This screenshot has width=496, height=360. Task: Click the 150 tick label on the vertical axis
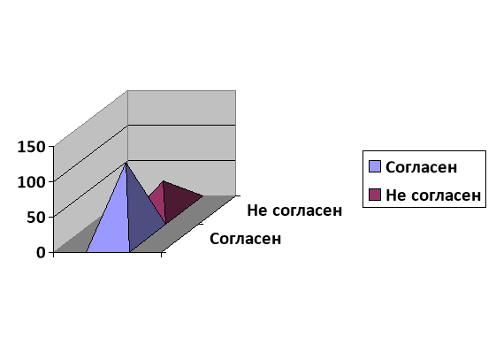tap(31, 147)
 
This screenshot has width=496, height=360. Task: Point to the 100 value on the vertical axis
tap(31, 182)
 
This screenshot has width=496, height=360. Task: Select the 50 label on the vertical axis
tap(36, 218)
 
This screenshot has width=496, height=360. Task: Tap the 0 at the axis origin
tap(41, 253)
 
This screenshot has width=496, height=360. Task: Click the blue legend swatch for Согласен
tap(375, 166)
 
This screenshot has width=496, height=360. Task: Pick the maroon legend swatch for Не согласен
tap(375, 195)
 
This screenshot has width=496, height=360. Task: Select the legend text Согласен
tap(422, 167)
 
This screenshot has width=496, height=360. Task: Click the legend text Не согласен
tap(433, 195)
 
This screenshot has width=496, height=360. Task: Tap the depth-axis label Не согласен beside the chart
tap(294, 211)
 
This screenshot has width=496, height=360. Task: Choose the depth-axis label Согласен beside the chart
tap(245, 239)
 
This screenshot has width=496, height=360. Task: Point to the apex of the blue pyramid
tap(126, 162)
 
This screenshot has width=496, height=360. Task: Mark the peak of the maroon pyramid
tap(163, 181)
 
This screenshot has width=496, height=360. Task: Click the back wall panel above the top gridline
tap(181, 108)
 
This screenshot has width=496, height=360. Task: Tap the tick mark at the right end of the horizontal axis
tap(162, 255)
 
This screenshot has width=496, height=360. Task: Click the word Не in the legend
tap(394, 195)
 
